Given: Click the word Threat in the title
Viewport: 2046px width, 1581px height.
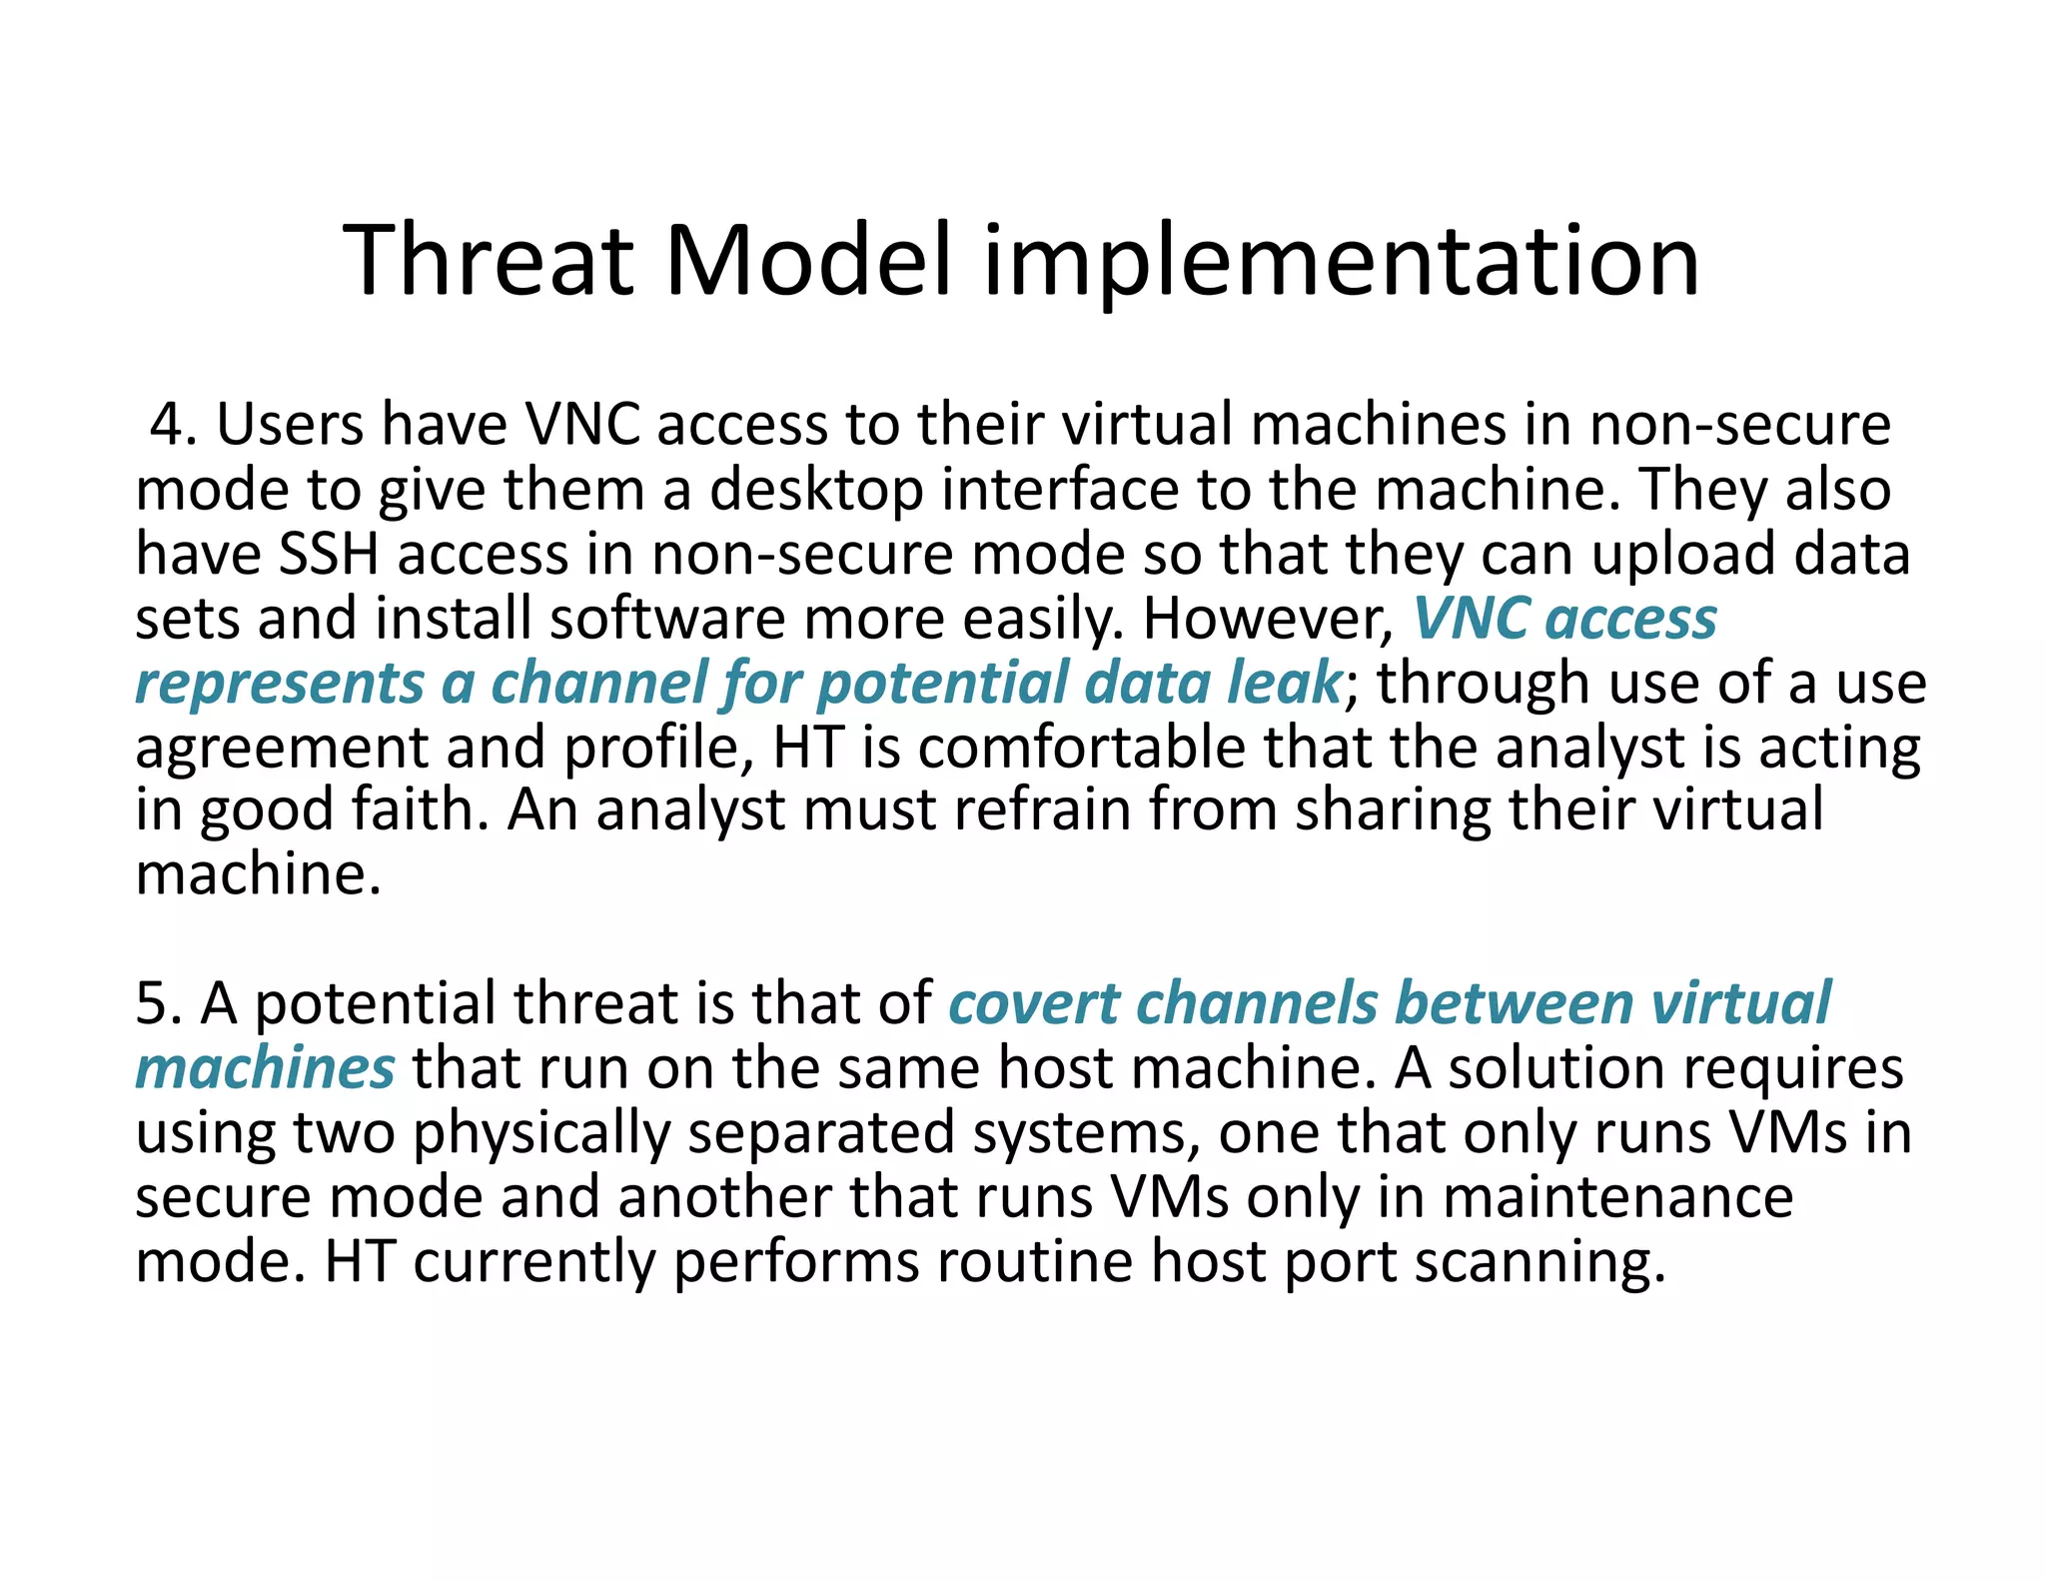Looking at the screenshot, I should pyautogui.click(x=488, y=261).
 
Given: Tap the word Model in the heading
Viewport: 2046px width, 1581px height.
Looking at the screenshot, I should pyautogui.click(x=807, y=261).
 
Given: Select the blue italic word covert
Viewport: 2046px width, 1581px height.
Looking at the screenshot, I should pyautogui.click(x=1033, y=1002).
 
